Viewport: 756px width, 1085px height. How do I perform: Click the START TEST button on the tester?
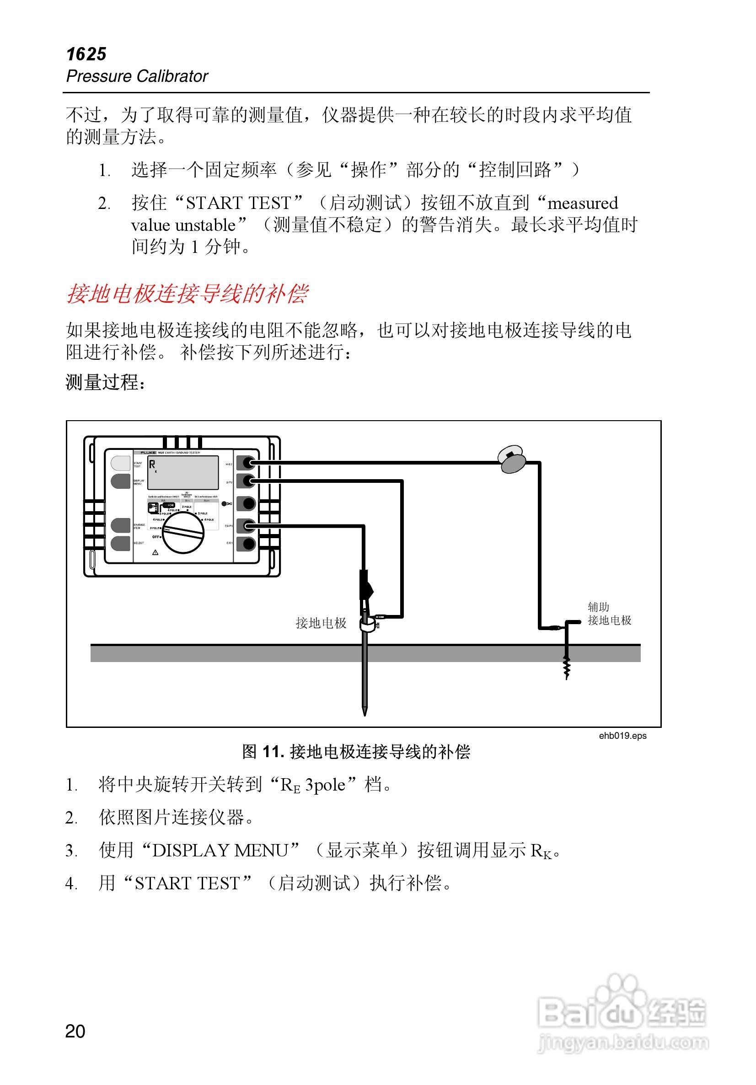[x=121, y=463]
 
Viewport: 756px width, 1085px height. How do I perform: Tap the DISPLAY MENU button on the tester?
[x=121, y=481]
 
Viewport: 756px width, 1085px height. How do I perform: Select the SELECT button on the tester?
[x=121, y=543]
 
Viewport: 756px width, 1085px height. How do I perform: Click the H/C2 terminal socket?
[x=247, y=463]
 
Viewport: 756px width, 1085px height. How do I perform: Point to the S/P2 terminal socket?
[x=247, y=481]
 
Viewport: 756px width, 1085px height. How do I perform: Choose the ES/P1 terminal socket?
[x=247, y=525]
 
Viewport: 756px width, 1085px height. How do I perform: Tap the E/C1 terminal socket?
[x=247, y=544]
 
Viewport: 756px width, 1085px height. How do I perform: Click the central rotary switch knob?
[x=183, y=532]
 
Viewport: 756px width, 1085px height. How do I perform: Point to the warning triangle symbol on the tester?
[x=155, y=552]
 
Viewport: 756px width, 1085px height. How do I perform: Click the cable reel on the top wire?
[x=513, y=459]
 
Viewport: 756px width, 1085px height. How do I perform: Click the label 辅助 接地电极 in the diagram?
[x=609, y=614]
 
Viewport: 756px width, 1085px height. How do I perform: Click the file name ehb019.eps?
[x=622, y=736]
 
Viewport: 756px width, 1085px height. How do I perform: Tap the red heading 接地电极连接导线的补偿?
[x=187, y=294]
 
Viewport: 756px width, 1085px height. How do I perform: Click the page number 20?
[x=75, y=1032]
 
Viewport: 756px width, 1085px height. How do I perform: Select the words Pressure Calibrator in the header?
[x=137, y=76]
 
